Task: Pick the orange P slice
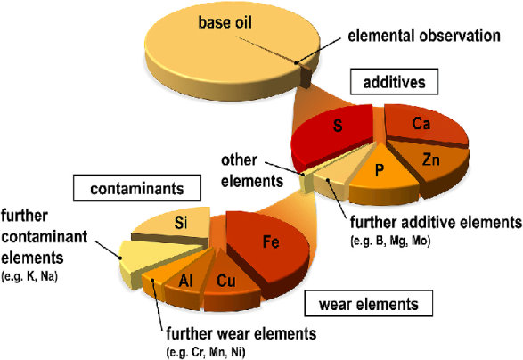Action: tap(382, 176)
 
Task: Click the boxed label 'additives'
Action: tap(394, 82)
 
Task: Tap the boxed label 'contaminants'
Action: tap(136, 188)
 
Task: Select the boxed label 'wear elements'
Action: tap(369, 303)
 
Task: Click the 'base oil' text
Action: tap(225, 22)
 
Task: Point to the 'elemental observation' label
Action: tap(424, 36)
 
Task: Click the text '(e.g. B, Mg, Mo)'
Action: tap(390, 241)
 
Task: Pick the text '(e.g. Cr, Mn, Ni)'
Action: tap(206, 352)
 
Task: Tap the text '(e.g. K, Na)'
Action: tap(29, 276)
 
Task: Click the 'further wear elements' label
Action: tap(241, 332)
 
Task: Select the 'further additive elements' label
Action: tap(436, 222)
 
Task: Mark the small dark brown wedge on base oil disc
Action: tap(306, 75)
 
